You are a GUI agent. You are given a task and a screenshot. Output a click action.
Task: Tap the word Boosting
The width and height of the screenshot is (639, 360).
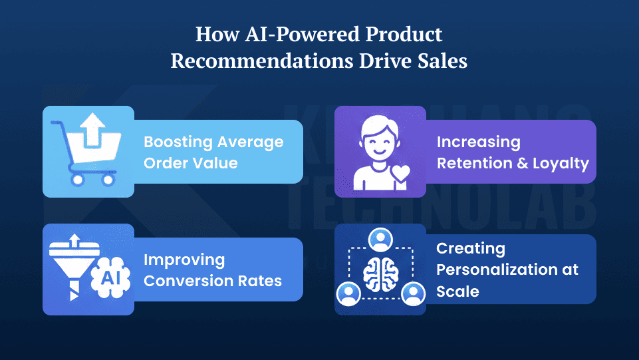[x=176, y=142]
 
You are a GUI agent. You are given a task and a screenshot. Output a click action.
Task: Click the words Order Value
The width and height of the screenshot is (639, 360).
[x=191, y=163]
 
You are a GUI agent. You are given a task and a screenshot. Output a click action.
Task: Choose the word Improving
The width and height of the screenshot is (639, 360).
[x=184, y=260]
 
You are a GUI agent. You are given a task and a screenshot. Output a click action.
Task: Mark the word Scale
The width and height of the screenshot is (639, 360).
[x=457, y=291]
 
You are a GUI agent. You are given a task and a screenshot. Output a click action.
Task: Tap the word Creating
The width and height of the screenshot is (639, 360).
[x=471, y=248]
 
